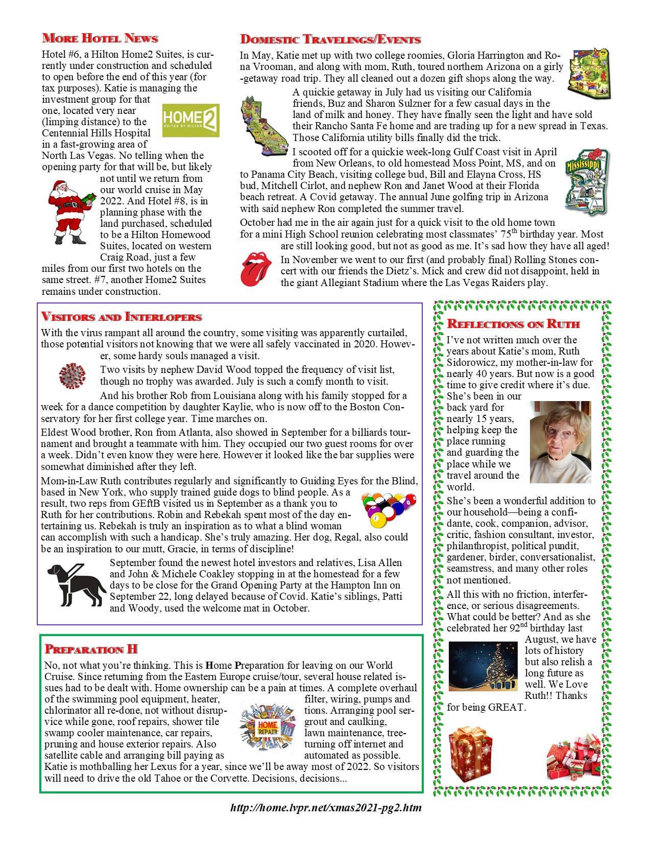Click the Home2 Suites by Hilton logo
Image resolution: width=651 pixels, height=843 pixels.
pyautogui.click(x=190, y=121)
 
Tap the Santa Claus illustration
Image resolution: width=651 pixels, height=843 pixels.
pyautogui.click(x=70, y=212)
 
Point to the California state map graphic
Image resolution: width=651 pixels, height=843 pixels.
pyautogui.click(x=264, y=126)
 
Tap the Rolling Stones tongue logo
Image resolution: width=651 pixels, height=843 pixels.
pyautogui.click(x=256, y=269)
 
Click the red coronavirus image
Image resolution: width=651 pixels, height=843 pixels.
pyautogui.click(x=72, y=376)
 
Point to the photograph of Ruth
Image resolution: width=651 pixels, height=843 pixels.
pyautogui.click(x=560, y=442)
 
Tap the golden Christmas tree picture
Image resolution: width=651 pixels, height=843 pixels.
pyautogui.click(x=483, y=666)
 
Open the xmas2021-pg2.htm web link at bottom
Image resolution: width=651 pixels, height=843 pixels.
pyautogui.click(x=326, y=808)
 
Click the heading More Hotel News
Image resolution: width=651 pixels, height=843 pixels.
pyautogui.click(x=100, y=38)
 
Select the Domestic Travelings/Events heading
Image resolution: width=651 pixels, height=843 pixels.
pyautogui.click(x=330, y=39)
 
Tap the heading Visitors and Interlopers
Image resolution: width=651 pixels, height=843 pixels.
pyautogui.click(x=122, y=317)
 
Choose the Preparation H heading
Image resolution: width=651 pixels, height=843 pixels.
pyautogui.click(x=91, y=649)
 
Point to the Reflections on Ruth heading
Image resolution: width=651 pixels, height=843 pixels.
pyautogui.click(x=513, y=324)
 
